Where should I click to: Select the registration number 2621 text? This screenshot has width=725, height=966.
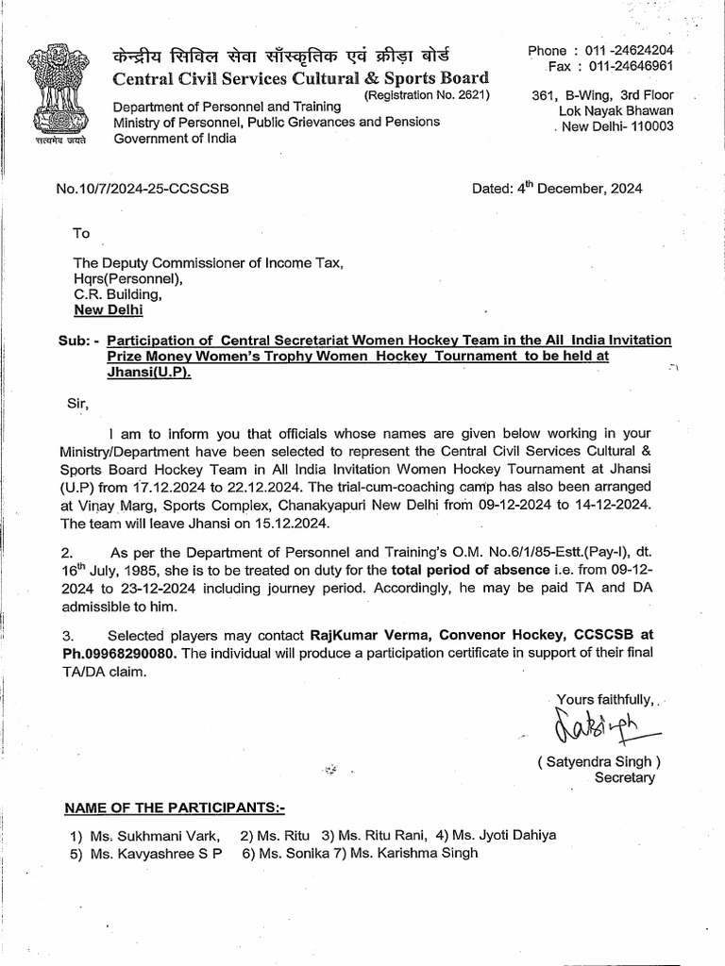[x=427, y=95]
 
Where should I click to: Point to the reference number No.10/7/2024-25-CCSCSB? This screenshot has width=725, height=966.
[x=143, y=188]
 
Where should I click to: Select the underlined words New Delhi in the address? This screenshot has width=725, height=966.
[x=109, y=308]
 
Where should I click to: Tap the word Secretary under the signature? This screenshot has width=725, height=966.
[x=624, y=777]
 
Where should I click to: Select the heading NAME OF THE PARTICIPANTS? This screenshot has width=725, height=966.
[x=174, y=808]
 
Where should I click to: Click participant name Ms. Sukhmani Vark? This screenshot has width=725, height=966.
[x=156, y=835]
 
